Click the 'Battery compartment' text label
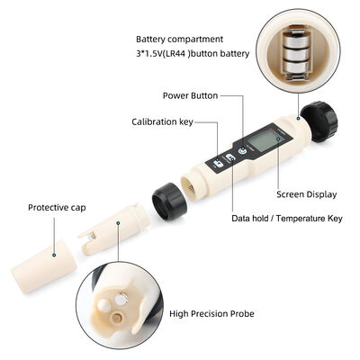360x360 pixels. pos(180,40)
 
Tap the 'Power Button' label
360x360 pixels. pos(190,94)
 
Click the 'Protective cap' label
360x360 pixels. pos(57,206)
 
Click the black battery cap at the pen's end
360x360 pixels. pos(319,121)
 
